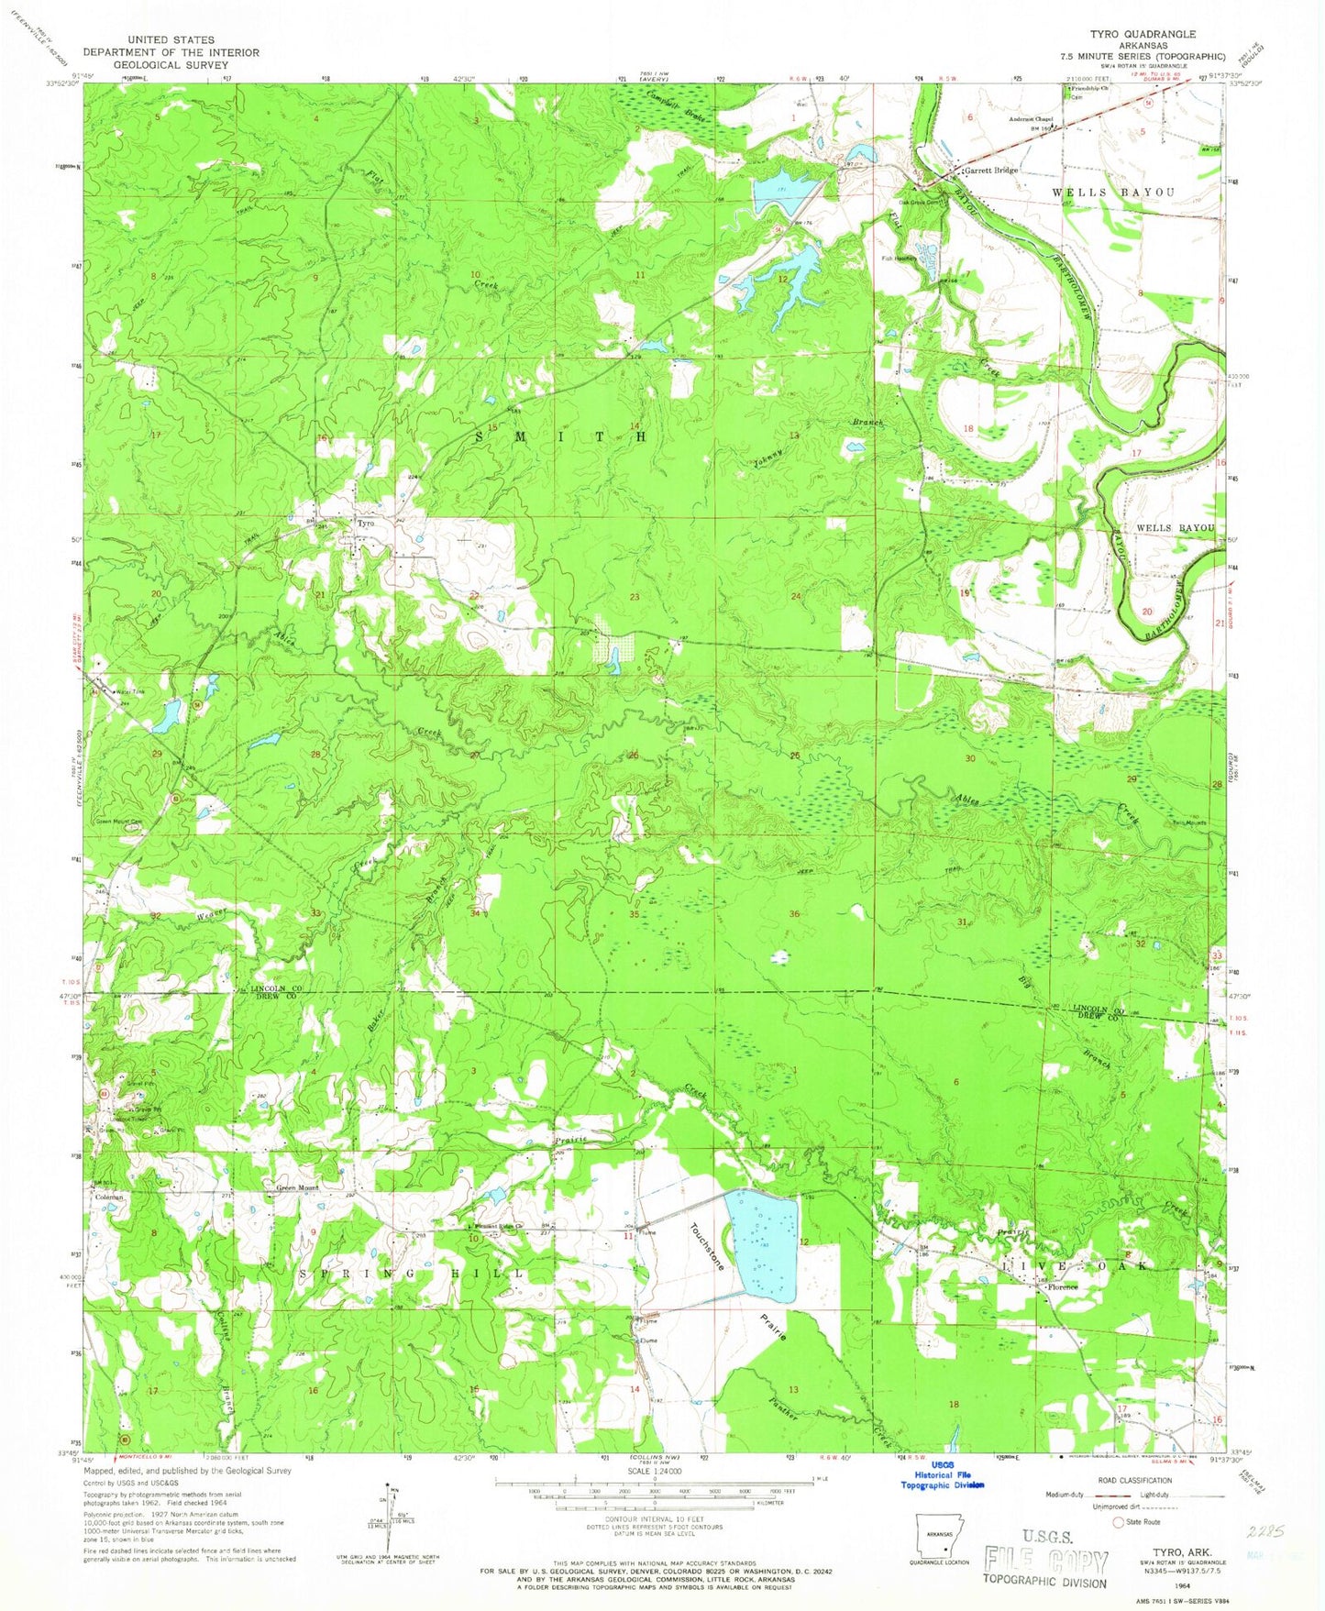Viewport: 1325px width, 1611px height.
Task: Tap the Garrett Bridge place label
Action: point(990,171)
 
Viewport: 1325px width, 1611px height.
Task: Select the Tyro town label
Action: point(365,524)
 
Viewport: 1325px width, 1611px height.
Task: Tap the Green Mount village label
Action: point(298,1188)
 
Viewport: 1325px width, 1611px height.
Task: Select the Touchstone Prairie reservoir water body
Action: point(760,1245)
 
